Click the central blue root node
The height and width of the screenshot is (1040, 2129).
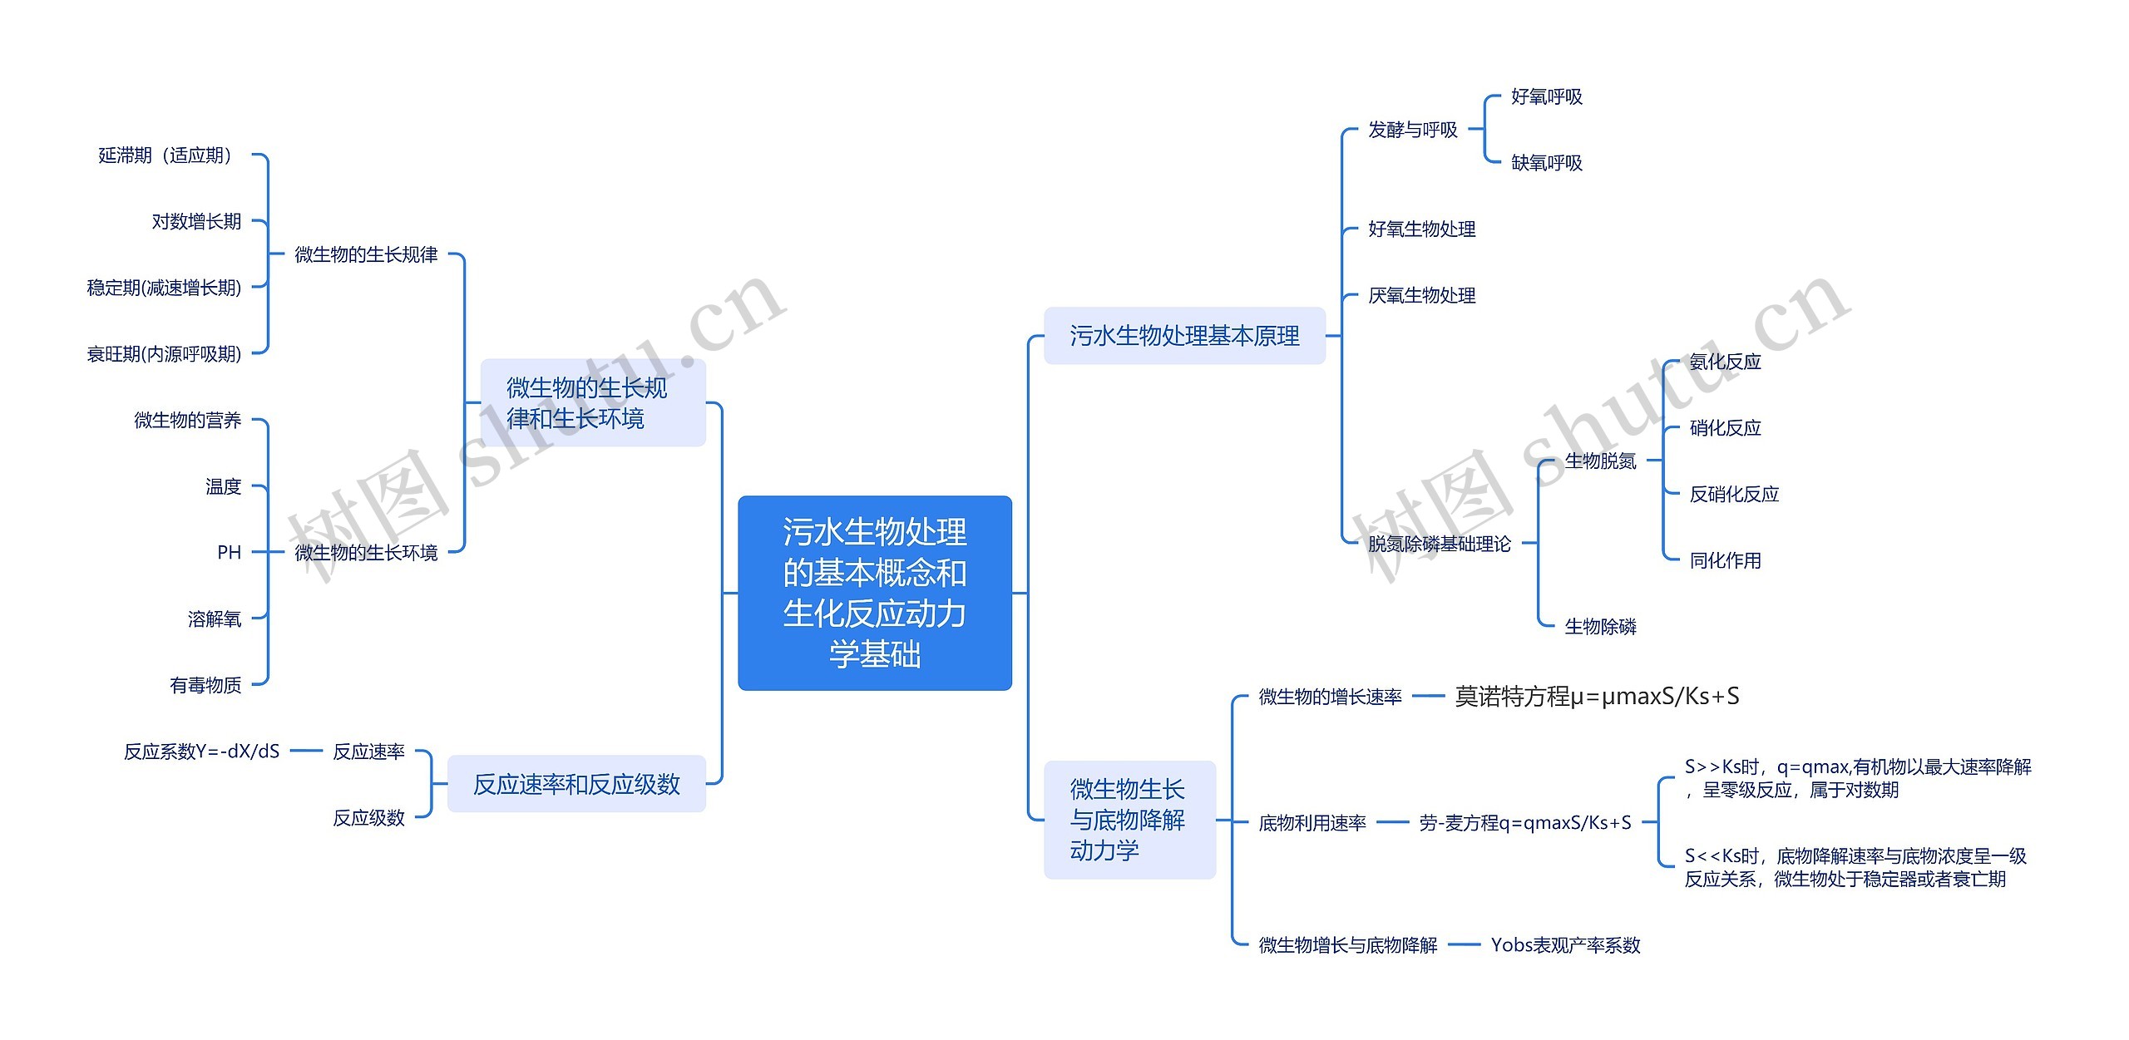874,593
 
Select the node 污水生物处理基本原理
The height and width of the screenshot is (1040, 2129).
1183,336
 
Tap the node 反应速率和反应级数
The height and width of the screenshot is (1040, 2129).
576,784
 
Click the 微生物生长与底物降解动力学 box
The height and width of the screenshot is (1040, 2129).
1129,820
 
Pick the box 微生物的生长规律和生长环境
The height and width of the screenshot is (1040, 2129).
592,403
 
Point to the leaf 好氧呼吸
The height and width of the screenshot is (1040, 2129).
1546,97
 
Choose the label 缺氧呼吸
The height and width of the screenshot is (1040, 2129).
1546,163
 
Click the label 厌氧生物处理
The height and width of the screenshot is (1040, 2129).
1421,296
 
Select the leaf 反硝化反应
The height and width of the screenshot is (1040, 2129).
1733,495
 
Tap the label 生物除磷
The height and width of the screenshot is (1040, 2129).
1600,627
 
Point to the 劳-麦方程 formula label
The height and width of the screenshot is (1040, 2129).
1524,823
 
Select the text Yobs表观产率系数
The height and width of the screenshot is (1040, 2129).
1565,945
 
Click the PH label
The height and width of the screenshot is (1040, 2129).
229,553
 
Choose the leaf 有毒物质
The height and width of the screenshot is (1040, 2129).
205,685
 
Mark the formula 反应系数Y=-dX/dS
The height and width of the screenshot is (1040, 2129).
201,752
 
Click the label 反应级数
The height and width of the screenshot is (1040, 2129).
368,818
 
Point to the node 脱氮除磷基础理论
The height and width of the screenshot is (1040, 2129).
1439,545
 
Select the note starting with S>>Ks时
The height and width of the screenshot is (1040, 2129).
1857,778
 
